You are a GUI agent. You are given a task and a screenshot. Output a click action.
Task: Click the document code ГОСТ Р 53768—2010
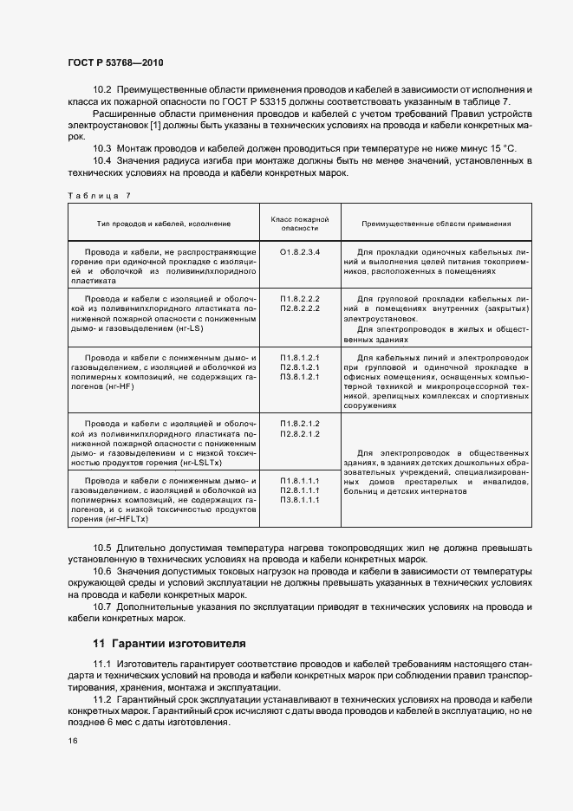114,63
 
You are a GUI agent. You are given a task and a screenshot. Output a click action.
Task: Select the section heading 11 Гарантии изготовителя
169,644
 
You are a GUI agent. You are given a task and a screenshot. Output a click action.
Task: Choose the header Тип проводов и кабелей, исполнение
164,224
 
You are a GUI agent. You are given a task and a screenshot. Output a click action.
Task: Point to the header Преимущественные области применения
436,224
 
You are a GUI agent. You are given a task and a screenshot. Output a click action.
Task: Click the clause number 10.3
102,149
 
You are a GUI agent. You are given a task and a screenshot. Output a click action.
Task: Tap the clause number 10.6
102,572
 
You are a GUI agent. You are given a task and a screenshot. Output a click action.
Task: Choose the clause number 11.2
102,699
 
